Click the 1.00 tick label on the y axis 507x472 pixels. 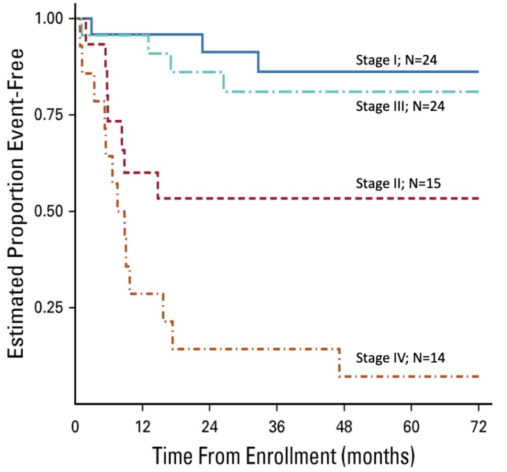pos(49,18)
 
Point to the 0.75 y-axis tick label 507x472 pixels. pos(49,115)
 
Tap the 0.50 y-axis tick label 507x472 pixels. pos(49,211)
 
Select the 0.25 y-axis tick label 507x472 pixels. pos(49,307)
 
